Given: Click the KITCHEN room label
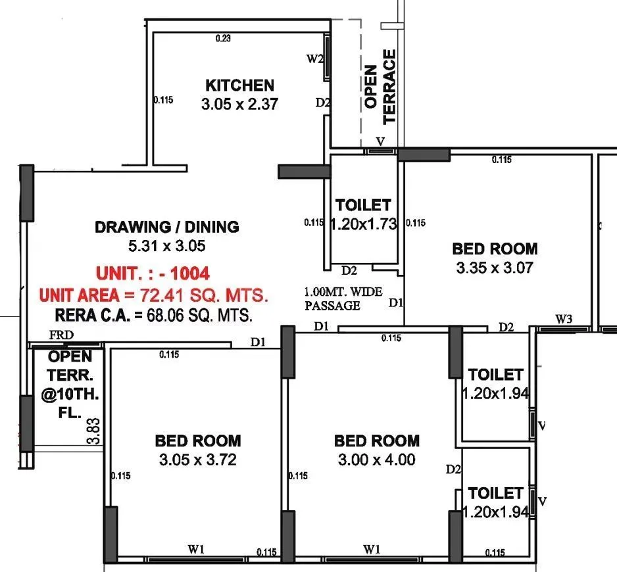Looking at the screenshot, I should tap(239, 85).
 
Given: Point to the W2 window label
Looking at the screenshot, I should tap(315, 59).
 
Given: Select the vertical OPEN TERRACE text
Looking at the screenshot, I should tap(380, 87).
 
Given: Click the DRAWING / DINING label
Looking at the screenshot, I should tap(167, 227).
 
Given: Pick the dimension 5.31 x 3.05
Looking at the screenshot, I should tap(167, 247).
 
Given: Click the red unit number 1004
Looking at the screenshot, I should tap(187, 273).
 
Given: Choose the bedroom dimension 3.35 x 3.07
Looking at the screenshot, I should tap(494, 268).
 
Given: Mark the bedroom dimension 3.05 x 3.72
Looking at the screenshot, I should tap(197, 460).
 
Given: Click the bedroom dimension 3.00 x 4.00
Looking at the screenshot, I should tap(376, 460).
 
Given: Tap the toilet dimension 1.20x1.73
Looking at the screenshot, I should tap(364, 224).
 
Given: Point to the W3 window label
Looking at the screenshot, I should tap(563, 320).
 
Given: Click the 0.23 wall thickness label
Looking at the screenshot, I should tap(223, 39).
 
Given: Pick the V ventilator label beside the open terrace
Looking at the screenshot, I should tap(380, 141).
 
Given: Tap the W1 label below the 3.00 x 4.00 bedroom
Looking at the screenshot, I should tap(372, 548).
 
